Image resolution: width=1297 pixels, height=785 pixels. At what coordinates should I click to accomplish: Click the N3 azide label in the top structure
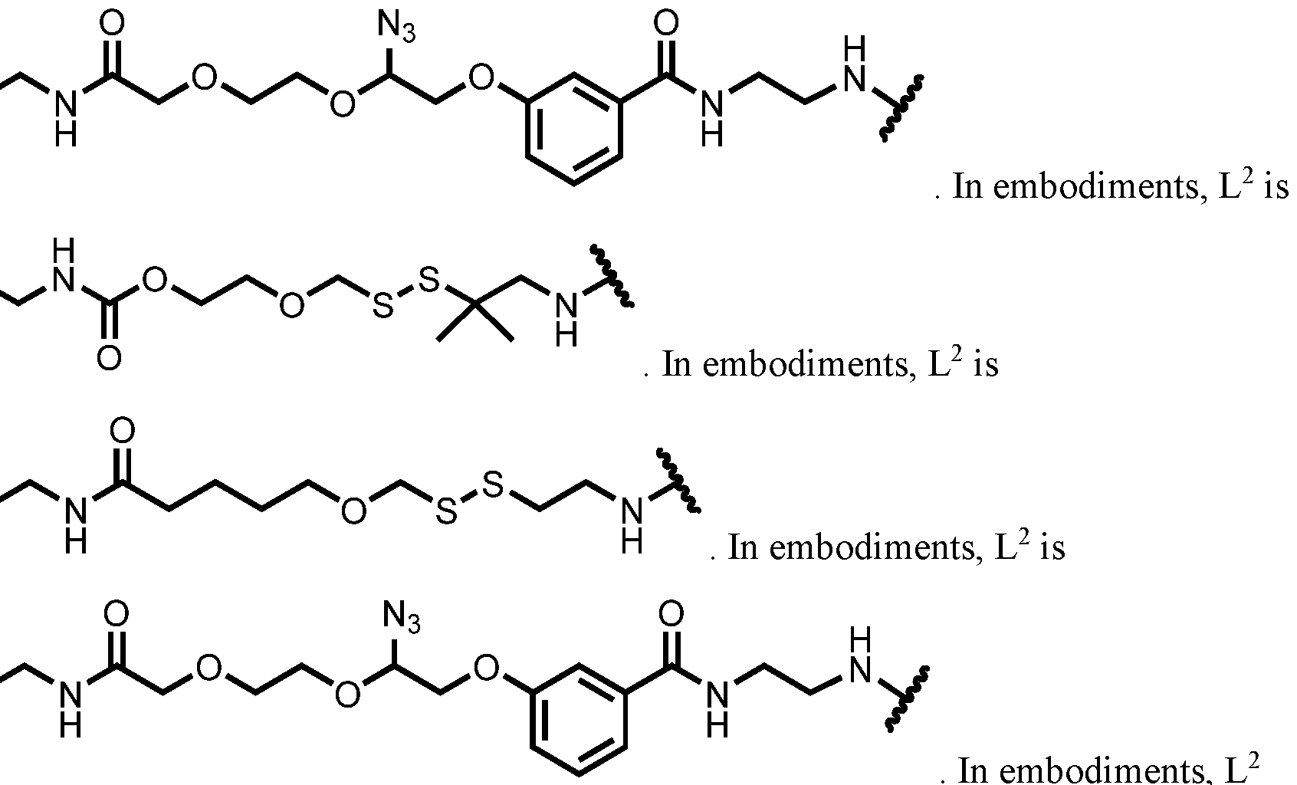[396, 27]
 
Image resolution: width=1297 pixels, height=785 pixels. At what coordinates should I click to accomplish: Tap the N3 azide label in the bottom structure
[401, 618]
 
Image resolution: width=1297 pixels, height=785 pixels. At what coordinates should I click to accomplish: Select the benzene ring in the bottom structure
[579, 720]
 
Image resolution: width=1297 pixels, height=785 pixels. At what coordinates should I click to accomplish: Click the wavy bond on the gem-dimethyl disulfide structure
[612, 275]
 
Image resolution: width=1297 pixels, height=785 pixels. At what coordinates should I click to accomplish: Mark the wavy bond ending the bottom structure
[907, 698]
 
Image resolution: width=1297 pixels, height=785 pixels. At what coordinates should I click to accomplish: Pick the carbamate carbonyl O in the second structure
[109, 358]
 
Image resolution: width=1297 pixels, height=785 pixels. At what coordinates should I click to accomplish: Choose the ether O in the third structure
[353, 512]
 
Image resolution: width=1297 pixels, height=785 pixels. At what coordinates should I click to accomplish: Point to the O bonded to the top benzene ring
[481, 78]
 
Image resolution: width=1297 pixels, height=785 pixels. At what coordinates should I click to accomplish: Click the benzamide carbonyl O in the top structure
[666, 24]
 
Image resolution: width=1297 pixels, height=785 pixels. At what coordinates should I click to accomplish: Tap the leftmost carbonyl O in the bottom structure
[117, 614]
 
